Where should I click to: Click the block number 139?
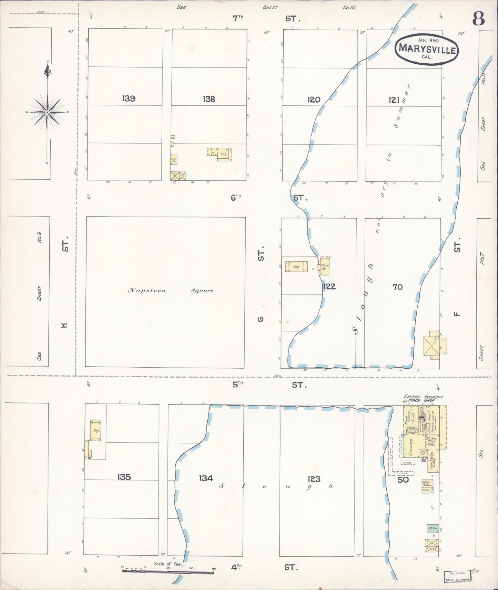click(x=129, y=99)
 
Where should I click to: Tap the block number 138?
click(x=209, y=99)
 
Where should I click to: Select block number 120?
click(x=314, y=100)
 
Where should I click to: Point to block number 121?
click(x=394, y=100)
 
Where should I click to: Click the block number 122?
click(x=329, y=286)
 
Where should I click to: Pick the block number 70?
click(x=397, y=287)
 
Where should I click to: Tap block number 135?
click(x=124, y=477)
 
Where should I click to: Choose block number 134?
click(x=206, y=478)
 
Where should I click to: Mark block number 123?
click(x=314, y=478)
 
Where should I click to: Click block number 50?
click(x=403, y=480)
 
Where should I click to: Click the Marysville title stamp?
click(x=427, y=50)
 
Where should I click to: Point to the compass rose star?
click(x=48, y=112)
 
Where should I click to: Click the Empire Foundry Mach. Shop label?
click(x=424, y=399)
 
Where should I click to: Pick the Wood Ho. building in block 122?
click(x=325, y=267)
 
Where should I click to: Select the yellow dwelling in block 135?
click(x=95, y=430)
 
